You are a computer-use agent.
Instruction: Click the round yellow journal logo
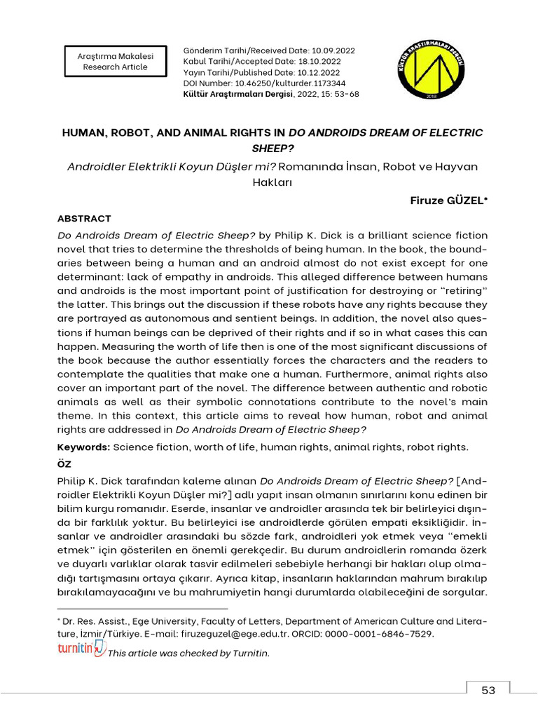[x=429, y=66]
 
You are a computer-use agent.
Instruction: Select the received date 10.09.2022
[x=333, y=51]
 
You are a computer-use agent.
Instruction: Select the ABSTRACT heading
[x=84, y=219]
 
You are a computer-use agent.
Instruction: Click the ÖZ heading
[x=64, y=464]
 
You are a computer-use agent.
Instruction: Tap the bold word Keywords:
[x=83, y=447]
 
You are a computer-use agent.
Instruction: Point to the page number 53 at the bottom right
[x=488, y=690]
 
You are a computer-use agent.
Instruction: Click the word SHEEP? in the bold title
[x=272, y=149]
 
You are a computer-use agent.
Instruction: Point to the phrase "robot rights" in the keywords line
[x=440, y=447]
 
